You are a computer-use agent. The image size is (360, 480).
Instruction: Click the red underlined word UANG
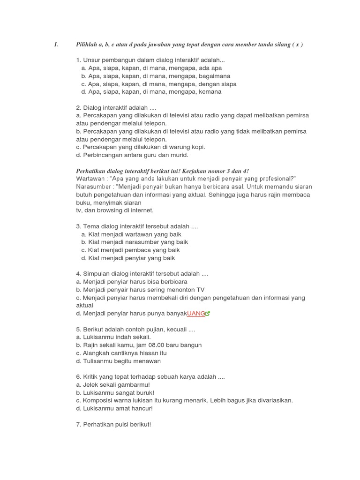pyautogui.click(x=196, y=314)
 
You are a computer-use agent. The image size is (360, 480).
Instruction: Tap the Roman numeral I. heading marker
pyautogui.click(x=56, y=45)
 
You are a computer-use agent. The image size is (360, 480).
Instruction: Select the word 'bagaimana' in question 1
pyautogui.click(x=214, y=76)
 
